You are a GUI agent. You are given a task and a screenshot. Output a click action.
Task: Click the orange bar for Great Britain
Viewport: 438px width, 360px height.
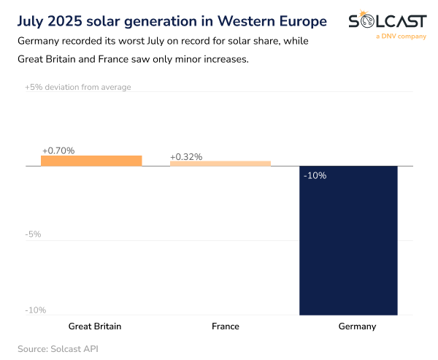click(x=91, y=161)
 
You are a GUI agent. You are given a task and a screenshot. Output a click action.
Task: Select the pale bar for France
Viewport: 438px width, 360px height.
click(x=220, y=164)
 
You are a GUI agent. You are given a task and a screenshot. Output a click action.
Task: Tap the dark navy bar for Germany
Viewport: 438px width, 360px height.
click(x=348, y=241)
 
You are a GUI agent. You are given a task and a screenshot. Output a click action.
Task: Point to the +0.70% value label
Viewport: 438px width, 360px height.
click(x=58, y=150)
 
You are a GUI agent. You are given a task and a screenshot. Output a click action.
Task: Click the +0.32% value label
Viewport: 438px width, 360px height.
click(x=186, y=157)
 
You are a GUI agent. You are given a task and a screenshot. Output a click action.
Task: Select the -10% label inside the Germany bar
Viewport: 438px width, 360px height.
click(x=315, y=175)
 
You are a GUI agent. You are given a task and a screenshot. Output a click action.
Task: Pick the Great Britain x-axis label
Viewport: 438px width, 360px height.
click(x=95, y=326)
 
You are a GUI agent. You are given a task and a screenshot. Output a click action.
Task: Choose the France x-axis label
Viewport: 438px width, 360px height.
click(x=224, y=326)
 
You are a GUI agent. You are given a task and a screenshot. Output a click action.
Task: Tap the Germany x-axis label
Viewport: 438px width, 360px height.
click(x=357, y=326)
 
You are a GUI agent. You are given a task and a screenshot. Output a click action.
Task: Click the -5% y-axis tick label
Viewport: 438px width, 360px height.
click(x=34, y=234)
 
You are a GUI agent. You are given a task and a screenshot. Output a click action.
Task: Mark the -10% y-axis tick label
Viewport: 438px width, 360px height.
click(x=36, y=310)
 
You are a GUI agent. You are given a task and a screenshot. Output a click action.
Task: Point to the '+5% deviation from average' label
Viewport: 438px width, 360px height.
click(x=78, y=87)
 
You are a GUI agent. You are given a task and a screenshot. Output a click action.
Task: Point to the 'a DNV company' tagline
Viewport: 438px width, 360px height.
click(x=400, y=36)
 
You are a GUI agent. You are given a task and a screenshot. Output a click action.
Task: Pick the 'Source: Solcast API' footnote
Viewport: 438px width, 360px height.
click(x=58, y=348)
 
